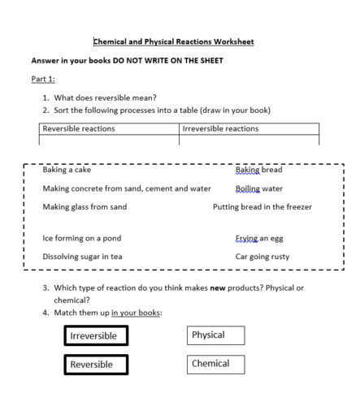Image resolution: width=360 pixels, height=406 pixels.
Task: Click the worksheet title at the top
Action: tap(173, 41)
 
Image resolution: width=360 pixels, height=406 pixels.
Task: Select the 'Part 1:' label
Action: tap(45, 79)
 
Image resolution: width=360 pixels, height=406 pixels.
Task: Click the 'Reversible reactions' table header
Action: tap(78, 128)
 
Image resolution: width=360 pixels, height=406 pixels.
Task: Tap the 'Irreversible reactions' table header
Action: tap(220, 128)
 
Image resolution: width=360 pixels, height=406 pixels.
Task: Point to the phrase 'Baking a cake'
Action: tap(67, 171)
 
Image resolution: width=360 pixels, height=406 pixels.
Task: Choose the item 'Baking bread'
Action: tap(258, 171)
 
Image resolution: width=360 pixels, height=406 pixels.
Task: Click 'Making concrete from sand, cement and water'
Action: tap(126, 188)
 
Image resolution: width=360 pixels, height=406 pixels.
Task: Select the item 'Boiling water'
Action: tap(258, 188)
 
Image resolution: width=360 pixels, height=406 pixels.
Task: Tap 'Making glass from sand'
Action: tap(85, 206)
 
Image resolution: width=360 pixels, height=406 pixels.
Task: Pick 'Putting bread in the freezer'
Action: tap(262, 206)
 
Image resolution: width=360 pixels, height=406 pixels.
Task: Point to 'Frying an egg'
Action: tap(259, 239)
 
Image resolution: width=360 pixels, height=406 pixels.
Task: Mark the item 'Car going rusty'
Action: tap(262, 257)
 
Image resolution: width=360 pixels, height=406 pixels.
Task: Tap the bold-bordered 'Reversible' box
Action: tap(96, 365)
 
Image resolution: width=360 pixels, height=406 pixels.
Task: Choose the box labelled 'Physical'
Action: tap(216, 335)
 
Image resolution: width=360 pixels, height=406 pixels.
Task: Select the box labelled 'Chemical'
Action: tap(216, 364)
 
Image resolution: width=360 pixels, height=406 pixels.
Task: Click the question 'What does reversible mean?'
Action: tap(105, 97)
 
